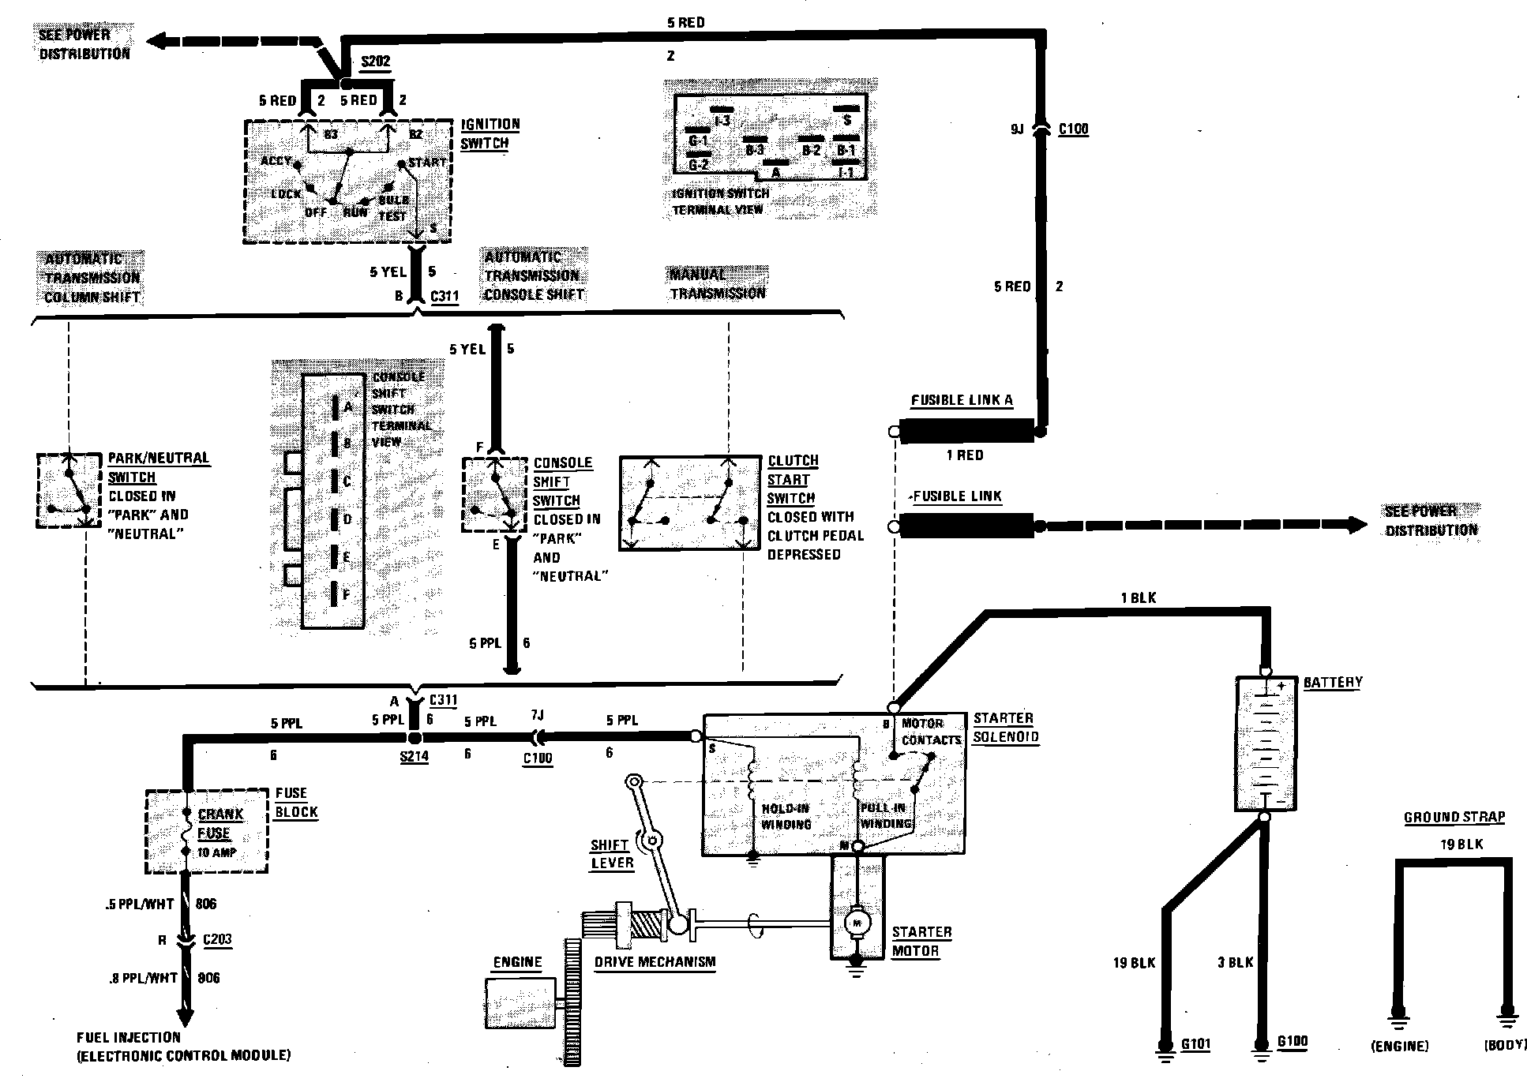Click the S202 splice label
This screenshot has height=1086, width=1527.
pyautogui.click(x=375, y=62)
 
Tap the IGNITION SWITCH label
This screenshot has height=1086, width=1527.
pyautogui.click(x=490, y=134)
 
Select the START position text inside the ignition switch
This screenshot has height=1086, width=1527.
pyautogui.click(x=427, y=163)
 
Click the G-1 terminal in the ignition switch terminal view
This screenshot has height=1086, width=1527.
pyautogui.click(x=698, y=140)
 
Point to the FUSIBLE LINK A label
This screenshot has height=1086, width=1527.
pyautogui.click(x=961, y=400)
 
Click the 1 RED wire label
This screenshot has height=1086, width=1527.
pyautogui.click(x=965, y=455)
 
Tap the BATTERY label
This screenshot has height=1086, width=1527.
pyautogui.click(x=1333, y=682)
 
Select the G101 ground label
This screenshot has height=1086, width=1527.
pyautogui.click(x=1195, y=1044)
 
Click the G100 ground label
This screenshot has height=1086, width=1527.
pyautogui.click(x=1292, y=1042)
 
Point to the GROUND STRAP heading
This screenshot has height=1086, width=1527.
pyautogui.click(x=1454, y=818)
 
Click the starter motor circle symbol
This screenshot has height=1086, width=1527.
pyautogui.click(x=857, y=921)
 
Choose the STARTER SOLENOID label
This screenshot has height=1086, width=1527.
pyautogui.click(x=1004, y=728)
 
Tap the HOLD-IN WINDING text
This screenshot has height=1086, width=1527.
pyautogui.click(x=786, y=817)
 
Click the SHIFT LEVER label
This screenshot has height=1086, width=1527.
pyautogui.click(x=612, y=854)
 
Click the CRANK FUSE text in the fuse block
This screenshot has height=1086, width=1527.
pyautogui.click(x=219, y=823)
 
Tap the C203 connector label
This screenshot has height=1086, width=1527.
pyautogui.click(x=217, y=940)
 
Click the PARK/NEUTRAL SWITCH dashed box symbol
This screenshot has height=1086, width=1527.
pyautogui.click(x=69, y=490)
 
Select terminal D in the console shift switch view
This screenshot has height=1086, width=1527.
pyautogui.click(x=347, y=519)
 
